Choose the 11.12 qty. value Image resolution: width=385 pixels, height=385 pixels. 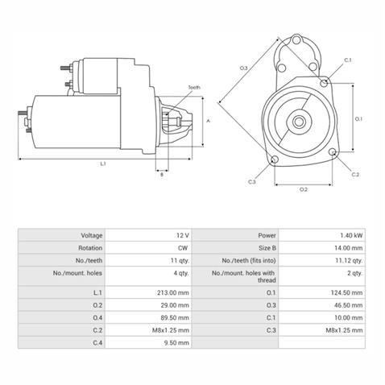point(348,261)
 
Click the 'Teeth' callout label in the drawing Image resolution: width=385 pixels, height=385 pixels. point(194,87)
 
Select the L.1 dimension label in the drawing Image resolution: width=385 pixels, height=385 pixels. point(103,164)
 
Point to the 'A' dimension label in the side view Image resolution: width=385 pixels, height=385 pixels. point(208,120)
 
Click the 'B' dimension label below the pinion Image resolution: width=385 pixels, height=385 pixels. point(162,173)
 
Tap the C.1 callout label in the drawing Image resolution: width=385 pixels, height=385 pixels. point(348,60)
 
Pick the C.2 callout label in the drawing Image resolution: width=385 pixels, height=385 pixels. point(355,174)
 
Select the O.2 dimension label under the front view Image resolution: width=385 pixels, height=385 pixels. point(303,189)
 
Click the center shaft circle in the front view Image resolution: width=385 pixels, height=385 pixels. point(299,122)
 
